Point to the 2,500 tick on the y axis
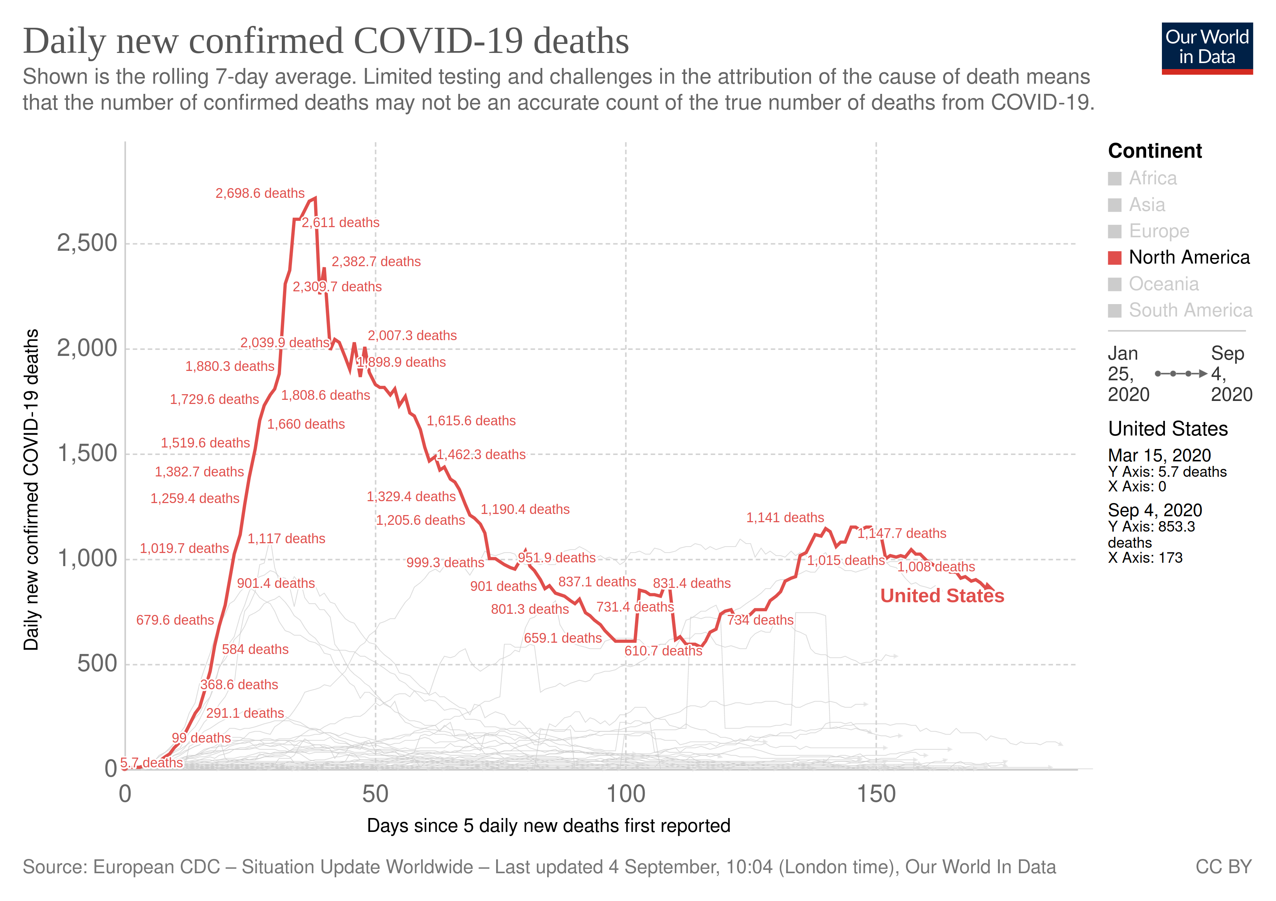click(x=87, y=243)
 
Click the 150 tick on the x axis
click(x=876, y=794)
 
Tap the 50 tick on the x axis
click(x=375, y=794)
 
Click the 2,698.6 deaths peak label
click(x=260, y=193)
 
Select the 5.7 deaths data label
click(x=152, y=762)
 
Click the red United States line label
click(x=942, y=595)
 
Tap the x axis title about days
click(x=549, y=826)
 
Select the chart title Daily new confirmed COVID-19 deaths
click(x=326, y=41)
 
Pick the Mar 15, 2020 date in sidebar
click(x=1159, y=455)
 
